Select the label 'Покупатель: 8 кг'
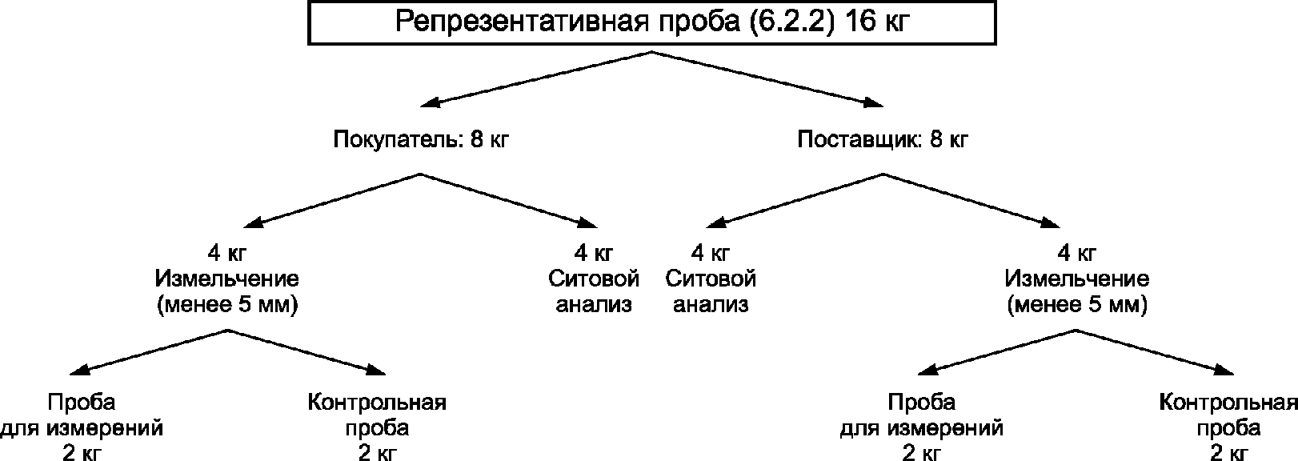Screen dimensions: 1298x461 [421, 140]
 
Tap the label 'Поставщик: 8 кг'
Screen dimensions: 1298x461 [883, 140]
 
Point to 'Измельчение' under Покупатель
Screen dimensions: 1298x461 [227, 279]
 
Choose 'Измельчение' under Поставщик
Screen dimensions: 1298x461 [1077, 279]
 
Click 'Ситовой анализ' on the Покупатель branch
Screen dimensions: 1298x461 [594, 292]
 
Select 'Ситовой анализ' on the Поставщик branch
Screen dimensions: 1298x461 [711, 292]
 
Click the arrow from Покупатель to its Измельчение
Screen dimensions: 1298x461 [336, 199]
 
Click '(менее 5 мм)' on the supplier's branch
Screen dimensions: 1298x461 [1077, 306]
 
